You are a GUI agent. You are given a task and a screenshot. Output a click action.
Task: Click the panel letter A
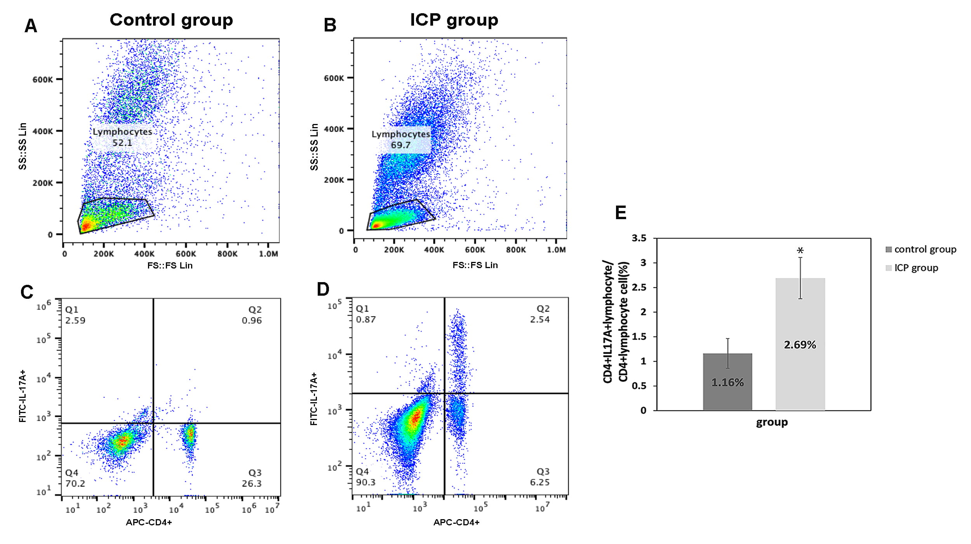[31, 26]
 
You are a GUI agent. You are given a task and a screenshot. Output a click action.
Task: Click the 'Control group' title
[171, 20]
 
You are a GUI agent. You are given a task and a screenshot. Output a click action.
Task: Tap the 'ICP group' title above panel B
[454, 20]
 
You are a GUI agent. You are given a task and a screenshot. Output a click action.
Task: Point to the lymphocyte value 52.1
[122, 143]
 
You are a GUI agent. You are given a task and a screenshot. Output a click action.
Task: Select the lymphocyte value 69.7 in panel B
[400, 145]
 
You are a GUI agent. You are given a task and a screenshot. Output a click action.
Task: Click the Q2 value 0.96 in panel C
[252, 321]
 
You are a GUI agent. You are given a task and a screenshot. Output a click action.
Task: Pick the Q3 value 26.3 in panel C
[252, 484]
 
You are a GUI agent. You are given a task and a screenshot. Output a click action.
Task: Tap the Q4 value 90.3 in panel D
[365, 483]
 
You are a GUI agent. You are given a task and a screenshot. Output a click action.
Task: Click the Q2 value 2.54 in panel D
[540, 319]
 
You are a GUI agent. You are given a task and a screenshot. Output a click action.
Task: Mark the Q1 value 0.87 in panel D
[365, 319]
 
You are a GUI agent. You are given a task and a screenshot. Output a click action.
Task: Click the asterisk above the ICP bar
[800, 251]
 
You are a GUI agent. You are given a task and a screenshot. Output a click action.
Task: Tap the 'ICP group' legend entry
[916, 268]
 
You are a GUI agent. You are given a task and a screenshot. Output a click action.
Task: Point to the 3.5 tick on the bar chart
[639, 238]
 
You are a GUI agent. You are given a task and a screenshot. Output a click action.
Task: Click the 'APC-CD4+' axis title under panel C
[149, 522]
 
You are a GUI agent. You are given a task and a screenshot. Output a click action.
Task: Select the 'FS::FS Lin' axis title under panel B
[475, 265]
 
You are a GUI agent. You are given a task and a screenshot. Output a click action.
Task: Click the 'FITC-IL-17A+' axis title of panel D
[314, 399]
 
